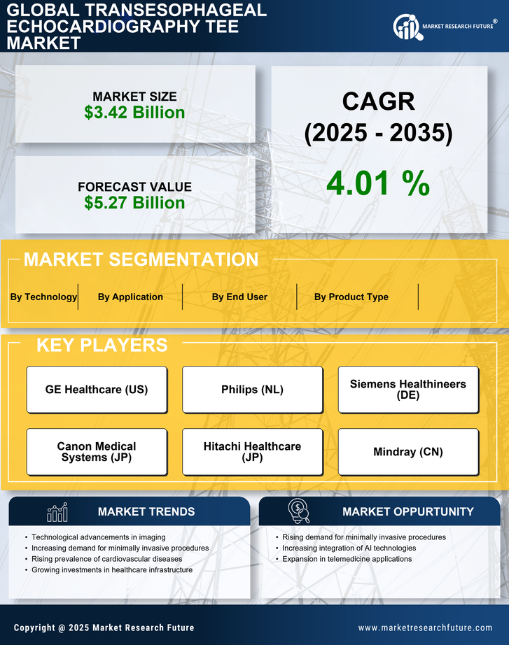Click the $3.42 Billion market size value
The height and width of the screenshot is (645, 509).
(x=134, y=113)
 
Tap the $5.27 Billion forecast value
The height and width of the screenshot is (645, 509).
(x=134, y=203)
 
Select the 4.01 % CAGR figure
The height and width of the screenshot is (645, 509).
(x=378, y=183)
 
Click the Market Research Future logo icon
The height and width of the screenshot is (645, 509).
(x=406, y=27)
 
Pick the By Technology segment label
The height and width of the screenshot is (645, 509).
(x=43, y=297)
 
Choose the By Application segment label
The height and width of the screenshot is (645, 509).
(x=130, y=297)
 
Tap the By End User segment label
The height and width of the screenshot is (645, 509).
(x=239, y=297)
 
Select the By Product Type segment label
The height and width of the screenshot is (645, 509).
(x=351, y=297)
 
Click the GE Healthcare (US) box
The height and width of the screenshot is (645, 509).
(x=97, y=390)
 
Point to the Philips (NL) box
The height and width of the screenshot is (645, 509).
(x=252, y=390)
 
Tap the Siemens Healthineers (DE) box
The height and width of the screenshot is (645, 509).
(x=408, y=390)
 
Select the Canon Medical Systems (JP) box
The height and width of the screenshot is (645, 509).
(x=97, y=452)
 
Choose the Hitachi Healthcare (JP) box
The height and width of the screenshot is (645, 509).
(x=252, y=452)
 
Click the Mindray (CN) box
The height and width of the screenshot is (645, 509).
(x=408, y=452)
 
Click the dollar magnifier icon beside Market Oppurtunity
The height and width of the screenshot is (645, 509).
(x=298, y=511)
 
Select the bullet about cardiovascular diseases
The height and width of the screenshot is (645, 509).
(x=106, y=559)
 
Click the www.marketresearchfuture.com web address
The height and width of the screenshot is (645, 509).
(x=425, y=628)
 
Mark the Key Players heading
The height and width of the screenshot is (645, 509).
(x=102, y=345)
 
